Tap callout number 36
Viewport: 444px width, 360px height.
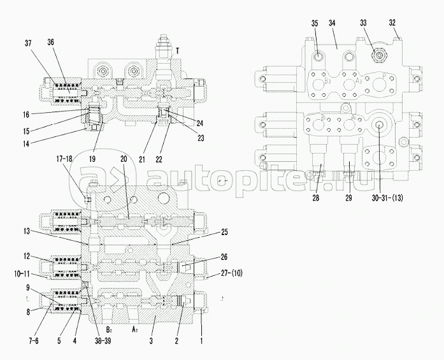click(50, 43)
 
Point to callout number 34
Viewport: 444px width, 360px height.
click(333, 24)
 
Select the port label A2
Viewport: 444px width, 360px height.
click(135, 331)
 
